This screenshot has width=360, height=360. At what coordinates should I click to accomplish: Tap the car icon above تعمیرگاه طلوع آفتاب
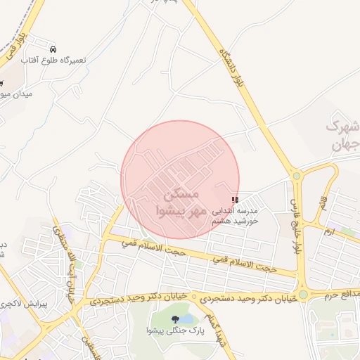click(x=54, y=49)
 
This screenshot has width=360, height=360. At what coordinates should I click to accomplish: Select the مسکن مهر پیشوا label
click(x=181, y=201)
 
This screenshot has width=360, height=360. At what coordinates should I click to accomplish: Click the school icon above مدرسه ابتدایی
click(x=234, y=200)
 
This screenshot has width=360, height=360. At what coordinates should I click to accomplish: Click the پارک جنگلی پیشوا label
click(x=174, y=330)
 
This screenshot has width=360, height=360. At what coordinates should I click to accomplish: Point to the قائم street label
click(x=328, y=188)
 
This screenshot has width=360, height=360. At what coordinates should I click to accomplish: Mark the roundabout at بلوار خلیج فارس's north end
click(x=296, y=176)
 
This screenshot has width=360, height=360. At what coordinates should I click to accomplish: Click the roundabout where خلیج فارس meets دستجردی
click(x=302, y=295)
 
